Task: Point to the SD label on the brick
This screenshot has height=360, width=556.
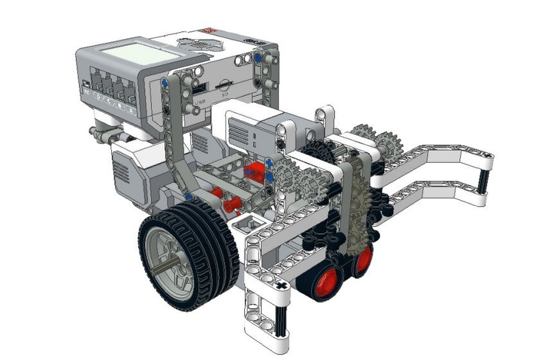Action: point(224,95)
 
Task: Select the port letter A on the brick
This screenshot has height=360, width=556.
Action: point(131,111)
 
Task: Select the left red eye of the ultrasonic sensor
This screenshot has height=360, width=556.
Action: point(327,281)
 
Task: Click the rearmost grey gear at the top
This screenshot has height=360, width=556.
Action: point(364,133)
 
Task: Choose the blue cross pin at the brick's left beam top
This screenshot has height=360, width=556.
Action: point(165,83)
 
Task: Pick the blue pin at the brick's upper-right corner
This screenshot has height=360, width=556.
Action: point(258,57)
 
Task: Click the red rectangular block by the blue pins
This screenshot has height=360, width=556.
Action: point(256,170)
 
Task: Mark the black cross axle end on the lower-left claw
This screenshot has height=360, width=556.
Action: point(282,286)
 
